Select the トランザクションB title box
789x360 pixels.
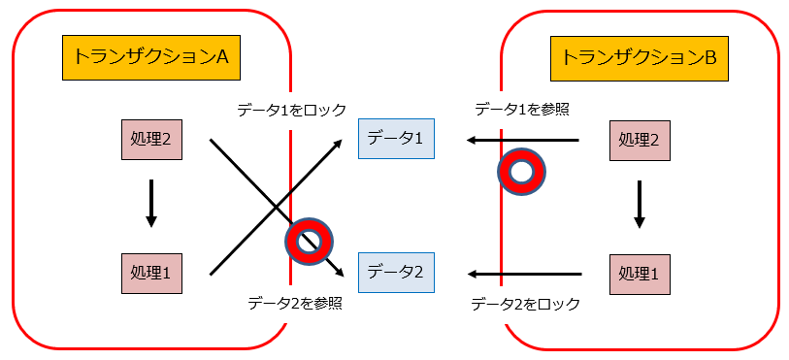pos(640,58)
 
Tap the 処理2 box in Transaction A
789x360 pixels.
pos(150,140)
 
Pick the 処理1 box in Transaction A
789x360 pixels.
pos(150,273)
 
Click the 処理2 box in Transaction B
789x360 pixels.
pos(639,140)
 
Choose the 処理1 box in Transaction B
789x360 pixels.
pos(639,273)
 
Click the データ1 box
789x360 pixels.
pos(396,140)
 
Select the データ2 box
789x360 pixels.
pos(396,273)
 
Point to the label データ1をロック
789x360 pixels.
pos(291,110)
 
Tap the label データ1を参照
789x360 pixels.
pos(521,109)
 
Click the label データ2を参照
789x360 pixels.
pos(294,303)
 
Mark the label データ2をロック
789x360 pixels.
pos(525,304)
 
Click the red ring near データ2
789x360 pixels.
pos(309,240)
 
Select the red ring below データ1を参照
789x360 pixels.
pos(522,173)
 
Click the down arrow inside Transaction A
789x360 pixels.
pos(150,204)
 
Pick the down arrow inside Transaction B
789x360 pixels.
pos(639,204)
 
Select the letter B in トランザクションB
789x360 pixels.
pos(710,58)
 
